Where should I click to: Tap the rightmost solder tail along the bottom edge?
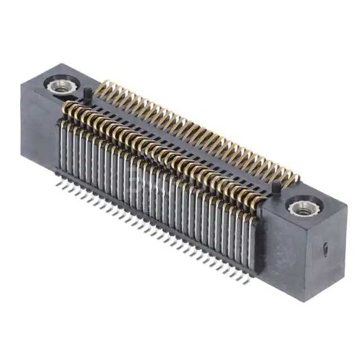pyautogui.click(x=245, y=281)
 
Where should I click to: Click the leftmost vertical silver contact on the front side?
pyautogui.click(x=61, y=146)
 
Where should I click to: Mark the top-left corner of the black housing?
pyautogui.click(x=22, y=84)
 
